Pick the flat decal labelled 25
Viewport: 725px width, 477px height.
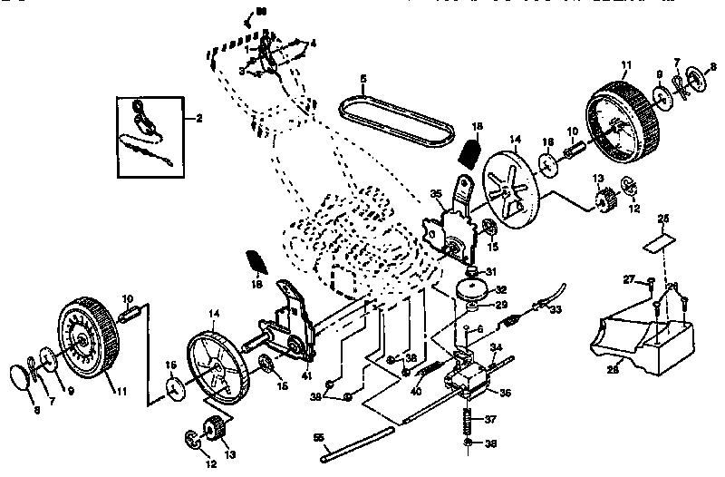659,244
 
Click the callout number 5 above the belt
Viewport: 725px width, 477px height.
362,79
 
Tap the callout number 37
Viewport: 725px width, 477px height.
491,420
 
